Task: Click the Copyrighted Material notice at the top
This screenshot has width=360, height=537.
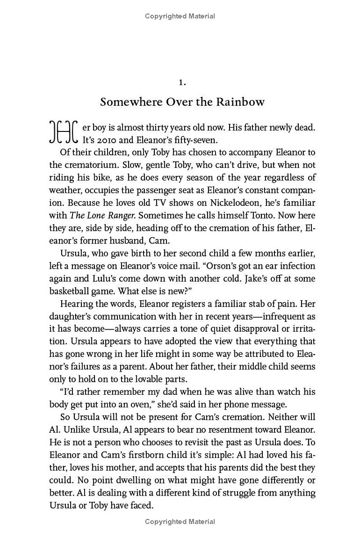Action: click(180, 16)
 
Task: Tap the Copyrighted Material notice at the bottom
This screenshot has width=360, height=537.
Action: click(180, 522)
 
